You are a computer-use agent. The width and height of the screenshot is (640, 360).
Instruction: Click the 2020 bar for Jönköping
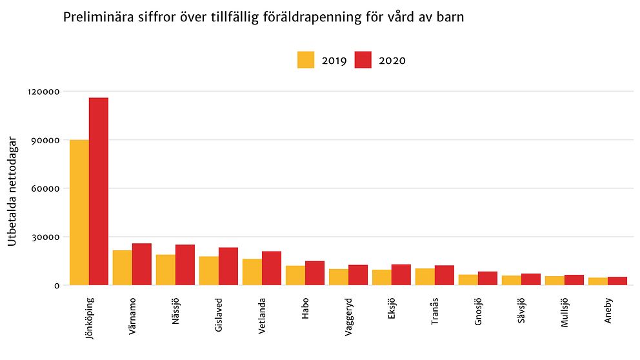(99, 191)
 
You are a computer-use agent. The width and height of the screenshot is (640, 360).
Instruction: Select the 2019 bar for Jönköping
(79, 212)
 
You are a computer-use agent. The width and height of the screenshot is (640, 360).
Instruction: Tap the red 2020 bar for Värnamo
(142, 265)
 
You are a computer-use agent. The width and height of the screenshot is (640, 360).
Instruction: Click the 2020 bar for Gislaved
(228, 266)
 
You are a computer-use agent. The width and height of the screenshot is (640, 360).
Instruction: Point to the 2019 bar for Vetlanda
(252, 272)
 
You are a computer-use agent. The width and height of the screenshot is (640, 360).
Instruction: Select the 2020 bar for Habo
(315, 273)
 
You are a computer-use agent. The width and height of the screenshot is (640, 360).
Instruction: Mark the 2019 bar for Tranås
(425, 277)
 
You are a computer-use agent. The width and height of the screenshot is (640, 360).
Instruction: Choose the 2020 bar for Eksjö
(401, 275)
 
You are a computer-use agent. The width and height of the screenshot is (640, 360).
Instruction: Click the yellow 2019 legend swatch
(306, 60)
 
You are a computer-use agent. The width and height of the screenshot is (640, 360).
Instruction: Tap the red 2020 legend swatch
(363, 60)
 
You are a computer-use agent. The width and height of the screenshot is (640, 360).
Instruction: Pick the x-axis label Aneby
(608, 310)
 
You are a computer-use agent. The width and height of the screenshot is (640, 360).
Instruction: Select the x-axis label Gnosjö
(479, 312)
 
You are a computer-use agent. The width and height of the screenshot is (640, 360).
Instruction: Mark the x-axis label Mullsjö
(565, 313)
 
